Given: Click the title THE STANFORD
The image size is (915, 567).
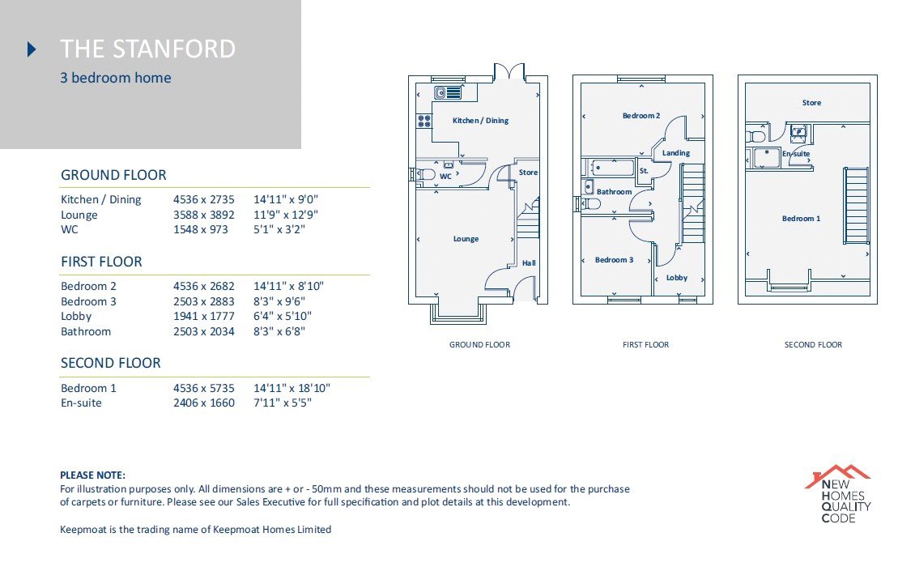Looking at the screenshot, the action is coord(147,49).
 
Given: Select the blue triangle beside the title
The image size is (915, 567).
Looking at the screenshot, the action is coord(32,49).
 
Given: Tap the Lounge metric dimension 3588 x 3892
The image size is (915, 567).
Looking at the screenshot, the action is coord(204,215).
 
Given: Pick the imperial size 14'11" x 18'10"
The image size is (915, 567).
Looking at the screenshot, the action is coord(292,388).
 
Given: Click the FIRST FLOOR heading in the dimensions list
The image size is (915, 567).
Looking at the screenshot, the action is coord(101,262).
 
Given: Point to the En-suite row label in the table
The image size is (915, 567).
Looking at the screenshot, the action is coord(81,403).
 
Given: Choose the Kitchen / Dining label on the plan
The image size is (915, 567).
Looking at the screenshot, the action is coord(480,121).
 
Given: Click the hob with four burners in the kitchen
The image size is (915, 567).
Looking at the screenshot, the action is coord(424,121).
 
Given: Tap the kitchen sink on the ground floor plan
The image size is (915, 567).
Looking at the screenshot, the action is coord(448,92).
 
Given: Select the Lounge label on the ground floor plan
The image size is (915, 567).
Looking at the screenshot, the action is coord(466,239).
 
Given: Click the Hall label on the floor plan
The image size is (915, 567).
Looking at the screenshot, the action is coord(529,262).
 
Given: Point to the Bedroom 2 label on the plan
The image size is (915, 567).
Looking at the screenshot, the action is coord(640,116).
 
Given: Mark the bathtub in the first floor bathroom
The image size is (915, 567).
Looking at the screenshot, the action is coord(611,168).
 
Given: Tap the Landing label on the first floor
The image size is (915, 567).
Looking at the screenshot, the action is coord(676,153).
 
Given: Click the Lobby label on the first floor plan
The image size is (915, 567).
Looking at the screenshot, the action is coord(677,278).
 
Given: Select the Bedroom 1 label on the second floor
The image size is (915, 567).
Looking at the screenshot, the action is coord(801,219).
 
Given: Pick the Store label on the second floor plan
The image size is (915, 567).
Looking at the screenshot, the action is coord(811,103).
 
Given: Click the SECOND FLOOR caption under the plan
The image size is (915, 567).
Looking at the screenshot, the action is coord(813,344).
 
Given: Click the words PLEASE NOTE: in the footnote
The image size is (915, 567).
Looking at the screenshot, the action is coord(93,475).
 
